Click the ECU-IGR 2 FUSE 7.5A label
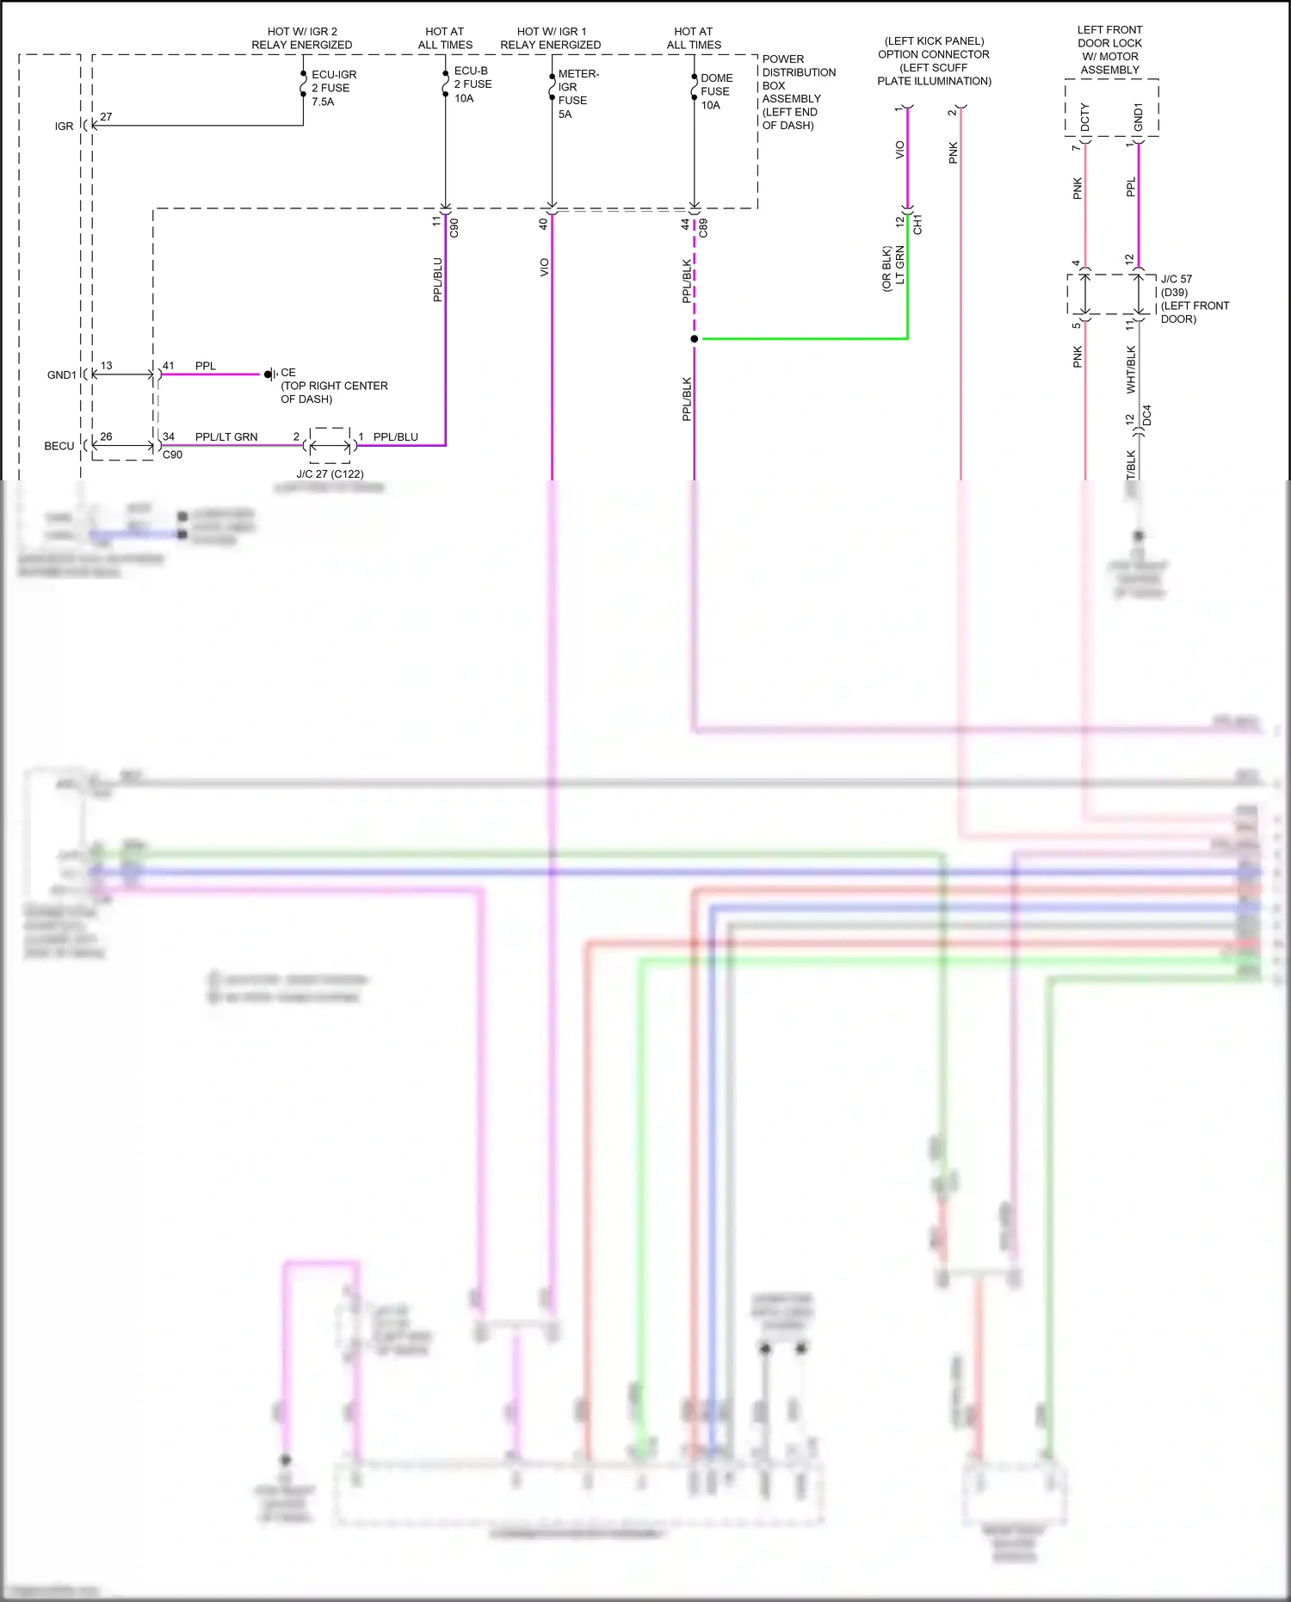(x=333, y=88)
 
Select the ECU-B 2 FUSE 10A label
(x=473, y=84)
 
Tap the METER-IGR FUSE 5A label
(x=578, y=94)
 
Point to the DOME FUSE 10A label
(x=716, y=91)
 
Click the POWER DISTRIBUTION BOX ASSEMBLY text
(x=798, y=92)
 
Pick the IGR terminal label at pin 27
(x=65, y=127)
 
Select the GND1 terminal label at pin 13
(x=61, y=375)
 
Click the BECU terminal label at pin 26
(x=59, y=446)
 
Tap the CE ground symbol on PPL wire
(x=270, y=374)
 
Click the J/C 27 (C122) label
(x=330, y=473)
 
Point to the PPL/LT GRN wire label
(x=226, y=436)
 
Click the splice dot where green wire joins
(x=695, y=339)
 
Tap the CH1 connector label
(x=917, y=225)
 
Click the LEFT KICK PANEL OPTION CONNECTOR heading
(x=934, y=60)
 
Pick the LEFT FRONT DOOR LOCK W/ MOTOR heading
(x=1109, y=49)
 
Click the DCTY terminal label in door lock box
(x=1084, y=117)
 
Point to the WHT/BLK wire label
(x=1131, y=369)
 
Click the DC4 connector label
(x=1146, y=416)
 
